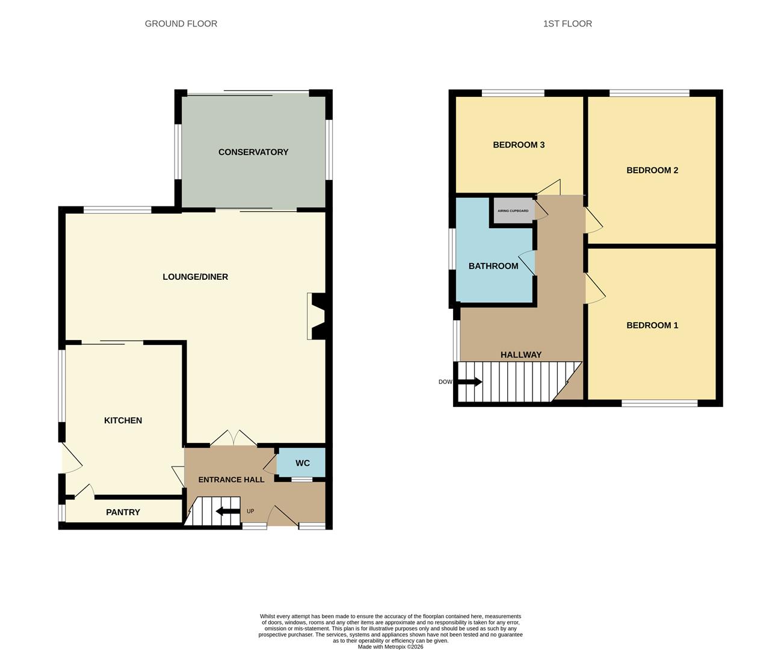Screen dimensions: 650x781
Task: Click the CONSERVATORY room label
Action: (x=253, y=152)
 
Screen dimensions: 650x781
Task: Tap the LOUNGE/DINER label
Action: (x=196, y=277)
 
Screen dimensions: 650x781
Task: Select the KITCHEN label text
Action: (x=123, y=421)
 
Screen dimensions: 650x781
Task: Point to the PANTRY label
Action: (x=123, y=512)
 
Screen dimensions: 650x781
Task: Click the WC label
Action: (x=303, y=463)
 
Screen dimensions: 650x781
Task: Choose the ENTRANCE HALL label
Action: (x=231, y=480)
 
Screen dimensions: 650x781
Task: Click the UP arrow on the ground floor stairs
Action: (x=227, y=512)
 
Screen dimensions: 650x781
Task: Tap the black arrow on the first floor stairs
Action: (x=470, y=382)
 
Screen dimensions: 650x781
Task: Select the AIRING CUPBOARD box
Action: (x=513, y=211)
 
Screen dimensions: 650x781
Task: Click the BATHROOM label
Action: (x=493, y=266)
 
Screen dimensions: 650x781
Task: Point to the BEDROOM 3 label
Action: (x=519, y=145)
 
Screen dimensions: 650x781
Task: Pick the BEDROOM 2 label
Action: (x=652, y=170)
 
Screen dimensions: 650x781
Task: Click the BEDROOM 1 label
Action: (x=652, y=326)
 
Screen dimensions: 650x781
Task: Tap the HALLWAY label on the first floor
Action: (x=521, y=355)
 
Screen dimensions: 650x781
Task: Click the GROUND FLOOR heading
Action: (x=181, y=24)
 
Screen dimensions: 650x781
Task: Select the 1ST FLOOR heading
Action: (x=567, y=24)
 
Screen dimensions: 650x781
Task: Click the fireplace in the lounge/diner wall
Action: (x=316, y=316)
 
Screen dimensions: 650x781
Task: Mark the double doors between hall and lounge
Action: (x=233, y=438)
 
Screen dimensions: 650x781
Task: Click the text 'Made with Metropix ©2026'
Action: (x=390, y=647)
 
